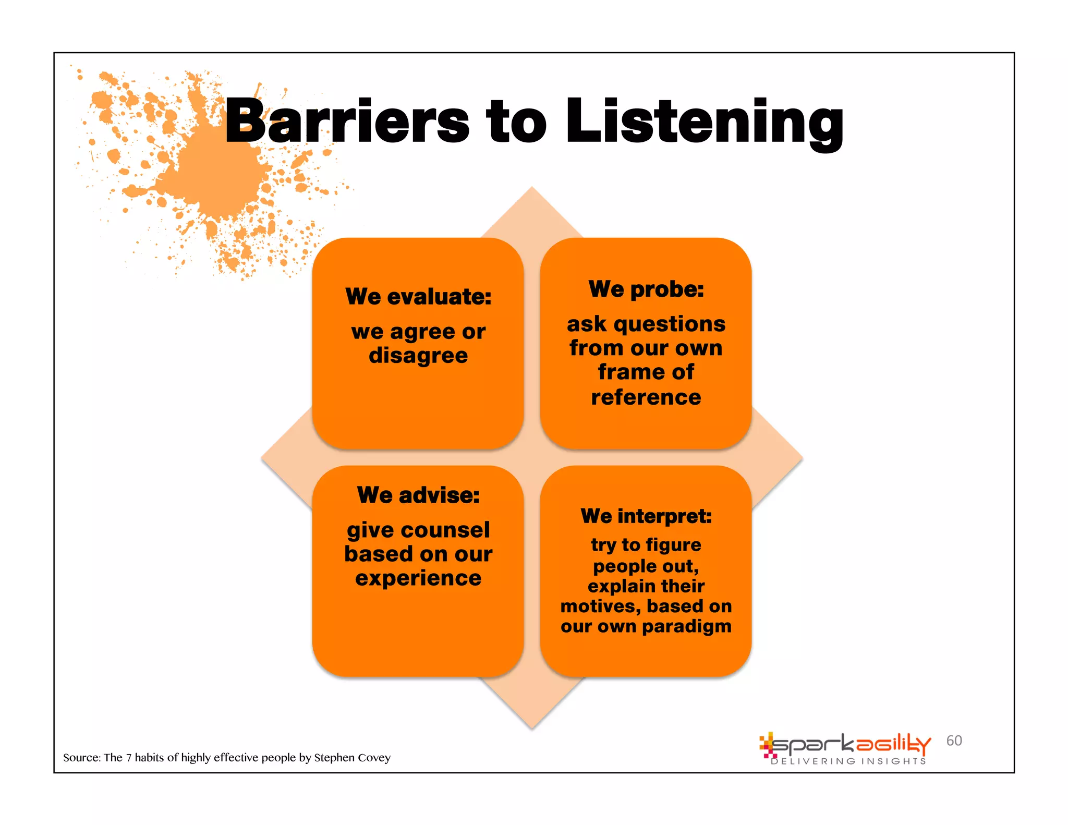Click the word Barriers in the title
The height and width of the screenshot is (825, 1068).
[347, 121]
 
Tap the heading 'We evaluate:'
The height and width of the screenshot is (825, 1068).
[418, 297]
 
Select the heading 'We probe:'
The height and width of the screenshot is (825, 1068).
[646, 289]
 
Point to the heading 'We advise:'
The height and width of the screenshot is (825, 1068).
[418, 495]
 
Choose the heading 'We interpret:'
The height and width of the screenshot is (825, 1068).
[646, 516]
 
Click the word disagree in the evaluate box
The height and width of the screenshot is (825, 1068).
[418, 356]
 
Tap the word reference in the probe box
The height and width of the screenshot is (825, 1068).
[646, 397]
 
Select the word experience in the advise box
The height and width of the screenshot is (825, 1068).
[418, 578]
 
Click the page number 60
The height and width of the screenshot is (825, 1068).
[954, 741]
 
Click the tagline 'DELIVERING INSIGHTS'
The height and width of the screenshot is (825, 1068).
[848, 761]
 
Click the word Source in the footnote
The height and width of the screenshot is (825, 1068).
[81, 758]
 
